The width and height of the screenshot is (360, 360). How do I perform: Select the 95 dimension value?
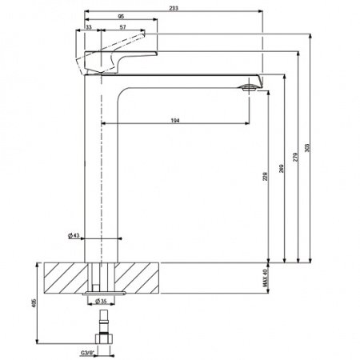click(120, 15)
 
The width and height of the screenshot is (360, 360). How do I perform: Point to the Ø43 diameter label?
click(72, 236)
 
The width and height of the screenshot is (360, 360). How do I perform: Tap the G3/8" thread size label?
click(88, 351)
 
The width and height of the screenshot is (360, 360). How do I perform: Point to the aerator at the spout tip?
click(250, 86)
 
